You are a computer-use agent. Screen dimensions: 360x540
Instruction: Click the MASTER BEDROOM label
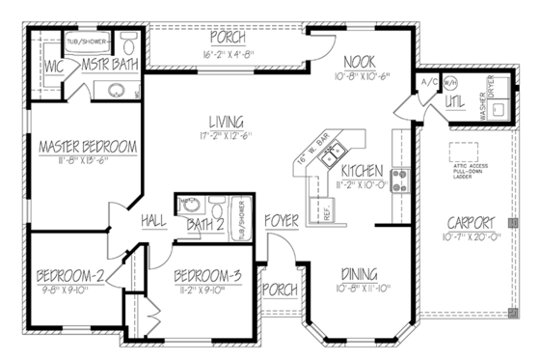click(87, 147)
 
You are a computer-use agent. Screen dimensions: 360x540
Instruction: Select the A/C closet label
click(427, 84)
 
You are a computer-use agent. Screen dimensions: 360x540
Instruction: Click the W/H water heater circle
click(449, 84)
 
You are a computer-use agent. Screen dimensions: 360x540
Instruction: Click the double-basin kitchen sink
click(333, 152)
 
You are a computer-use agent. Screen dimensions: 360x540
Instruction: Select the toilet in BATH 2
click(217, 208)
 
